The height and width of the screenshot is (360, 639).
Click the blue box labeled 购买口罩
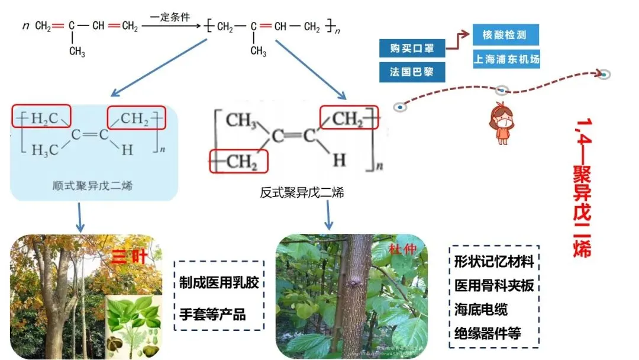(412, 48)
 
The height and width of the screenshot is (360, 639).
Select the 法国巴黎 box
(412, 72)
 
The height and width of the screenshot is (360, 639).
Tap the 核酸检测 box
(506, 35)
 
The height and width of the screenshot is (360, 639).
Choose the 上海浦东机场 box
(506, 59)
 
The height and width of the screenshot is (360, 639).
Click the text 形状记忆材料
(494, 261)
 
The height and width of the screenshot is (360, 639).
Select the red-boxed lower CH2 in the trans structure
(239, 161)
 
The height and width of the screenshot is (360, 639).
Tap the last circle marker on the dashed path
(603, 75)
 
